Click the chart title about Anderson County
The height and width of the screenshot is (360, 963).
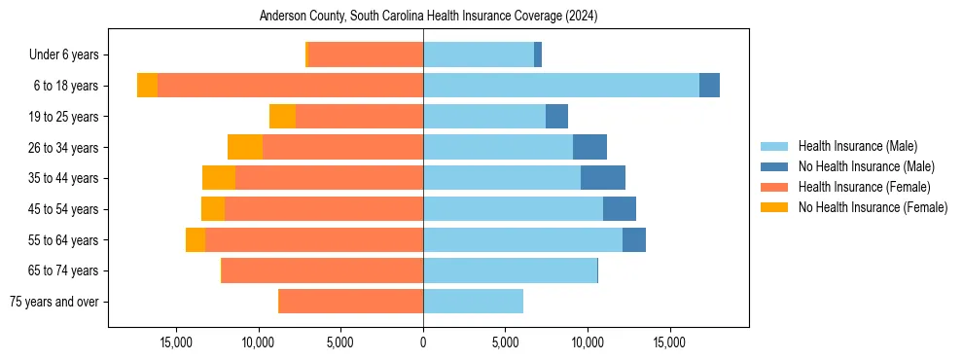pyautogui.click(x=428, y=17)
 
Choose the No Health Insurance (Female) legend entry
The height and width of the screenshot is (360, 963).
pyautogui.click(x=873, y=207)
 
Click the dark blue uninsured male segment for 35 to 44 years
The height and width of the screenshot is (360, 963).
pyautogui.click(x=603, y=178)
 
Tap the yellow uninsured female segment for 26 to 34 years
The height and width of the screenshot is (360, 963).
pyautogui.click(x=245, y=147)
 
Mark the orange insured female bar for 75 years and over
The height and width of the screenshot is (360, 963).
pyautogui.click(x=350, y=302)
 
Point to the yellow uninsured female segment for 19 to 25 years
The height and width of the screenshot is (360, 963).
pyautogui.click(x=282, y=117)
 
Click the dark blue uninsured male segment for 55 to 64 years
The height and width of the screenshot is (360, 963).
pyautogui.click(x=634, y=239)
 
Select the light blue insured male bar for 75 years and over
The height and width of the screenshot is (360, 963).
pyautogui.click(x=473, y=302)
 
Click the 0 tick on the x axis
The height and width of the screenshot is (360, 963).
pyautogui.click(x=423, y=343)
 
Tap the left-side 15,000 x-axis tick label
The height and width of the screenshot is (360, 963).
pyautogui.click(x=176, y=343)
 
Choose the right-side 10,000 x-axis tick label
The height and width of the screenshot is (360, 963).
pyautogui.click(x=588, y=343)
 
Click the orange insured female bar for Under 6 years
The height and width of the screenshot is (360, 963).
pyautogui.click(x=365, y=55)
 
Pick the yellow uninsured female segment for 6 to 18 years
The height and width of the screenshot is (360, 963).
pyautogui.click(x=147, y=86)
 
